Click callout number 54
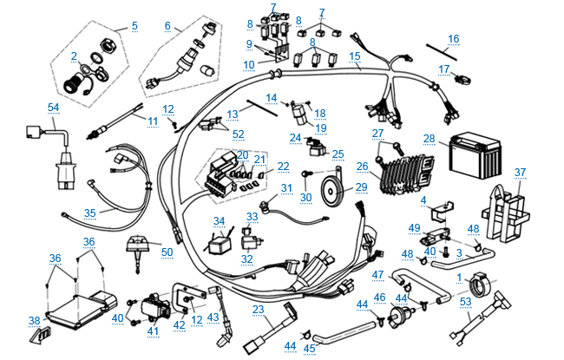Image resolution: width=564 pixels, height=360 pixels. pyautogui.click(x=54, y=107)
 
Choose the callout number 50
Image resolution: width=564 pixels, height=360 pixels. pyautogui.click(x=167, y=252)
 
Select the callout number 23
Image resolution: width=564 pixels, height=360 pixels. pyautogui.click(x=258, y=310)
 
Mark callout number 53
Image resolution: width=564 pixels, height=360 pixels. pyautogui.click(x=466, y=301)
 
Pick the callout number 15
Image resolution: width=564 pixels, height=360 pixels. pyautogui.click(x=354, y=56)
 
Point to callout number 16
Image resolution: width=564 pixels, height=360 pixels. pyautogui.click(x=453, y=39)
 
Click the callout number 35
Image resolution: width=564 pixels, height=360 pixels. pyautogui.click(x=90, y=212)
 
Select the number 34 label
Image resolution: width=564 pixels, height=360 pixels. pyautogui.click(x=219, y=222)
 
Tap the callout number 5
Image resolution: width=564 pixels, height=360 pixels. pyautogui.click(x=134, y=26)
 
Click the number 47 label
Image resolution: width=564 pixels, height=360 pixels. pyautogui.click(x=377, y=275)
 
